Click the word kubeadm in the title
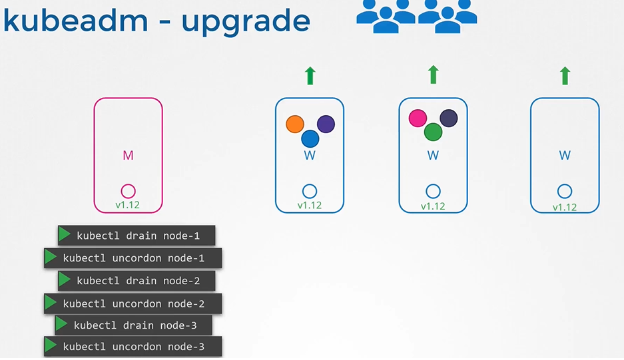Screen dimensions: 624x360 (x=75, y=20)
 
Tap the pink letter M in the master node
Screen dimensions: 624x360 (x=128, y=155)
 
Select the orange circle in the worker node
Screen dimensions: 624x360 (x=295, y=124)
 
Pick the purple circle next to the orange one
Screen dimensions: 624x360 (x=326, y=124)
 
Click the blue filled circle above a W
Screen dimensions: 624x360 (x=310, y=139)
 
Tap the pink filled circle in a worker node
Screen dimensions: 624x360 (x=418, y=118)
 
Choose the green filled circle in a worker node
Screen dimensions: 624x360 (x=433, y=132)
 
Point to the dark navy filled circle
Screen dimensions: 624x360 (x=449, y=118)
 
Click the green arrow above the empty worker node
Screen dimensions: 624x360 (x=565, y=76)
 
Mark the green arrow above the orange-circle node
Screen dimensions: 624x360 (x=310, y=76)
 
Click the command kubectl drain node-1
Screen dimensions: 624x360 (x=138, y=236)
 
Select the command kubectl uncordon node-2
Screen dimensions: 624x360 (x=134, y=304)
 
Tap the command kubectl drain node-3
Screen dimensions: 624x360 (x=135, y=325)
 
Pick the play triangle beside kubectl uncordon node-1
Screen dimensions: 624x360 (x=51, y=257)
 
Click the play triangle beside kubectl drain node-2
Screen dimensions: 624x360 (x=65, y=279)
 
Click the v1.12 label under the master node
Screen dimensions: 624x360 (x=128, y=205)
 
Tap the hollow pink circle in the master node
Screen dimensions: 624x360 (x=128, y=192)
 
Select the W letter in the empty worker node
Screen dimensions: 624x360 (x=565, y=155)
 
